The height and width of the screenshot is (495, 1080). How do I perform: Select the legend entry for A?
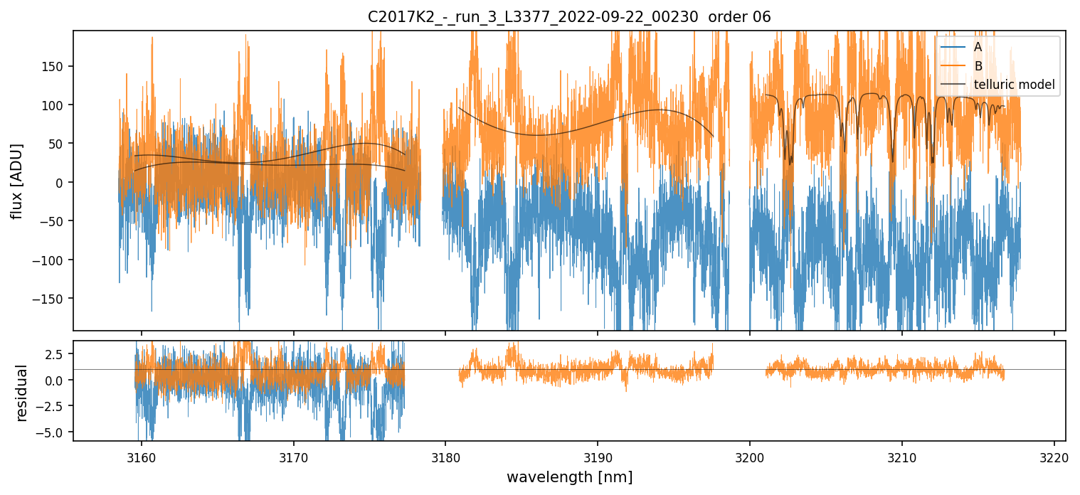pyautogui.click(x=978, y=47)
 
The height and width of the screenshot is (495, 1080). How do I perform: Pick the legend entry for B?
pyautogui.click(x=978, y=66)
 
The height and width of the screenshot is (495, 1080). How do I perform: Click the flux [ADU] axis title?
pyautogui.click(x=16, y=181)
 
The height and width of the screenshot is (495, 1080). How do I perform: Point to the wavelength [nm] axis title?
pyautogui.click(x=569, y=477)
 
